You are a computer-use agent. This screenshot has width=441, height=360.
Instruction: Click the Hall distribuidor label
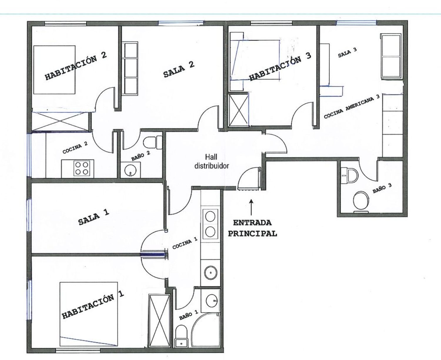click(x=212, y=161)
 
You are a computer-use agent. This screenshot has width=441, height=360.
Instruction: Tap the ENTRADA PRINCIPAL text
click(x=252, y=228)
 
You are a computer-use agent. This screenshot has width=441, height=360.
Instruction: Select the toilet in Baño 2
click(x=153, y=142)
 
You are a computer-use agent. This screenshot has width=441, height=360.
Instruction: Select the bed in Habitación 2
click(x=54, y=70)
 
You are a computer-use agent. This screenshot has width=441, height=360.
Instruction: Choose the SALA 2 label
click(x=179, y=69)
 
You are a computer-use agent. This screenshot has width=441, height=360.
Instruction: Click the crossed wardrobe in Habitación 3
click(x=239, y=110)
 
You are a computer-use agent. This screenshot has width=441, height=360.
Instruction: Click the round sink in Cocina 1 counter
click(x=211, y=273)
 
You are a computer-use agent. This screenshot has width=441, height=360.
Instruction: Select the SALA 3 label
click(x=347, y=53)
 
